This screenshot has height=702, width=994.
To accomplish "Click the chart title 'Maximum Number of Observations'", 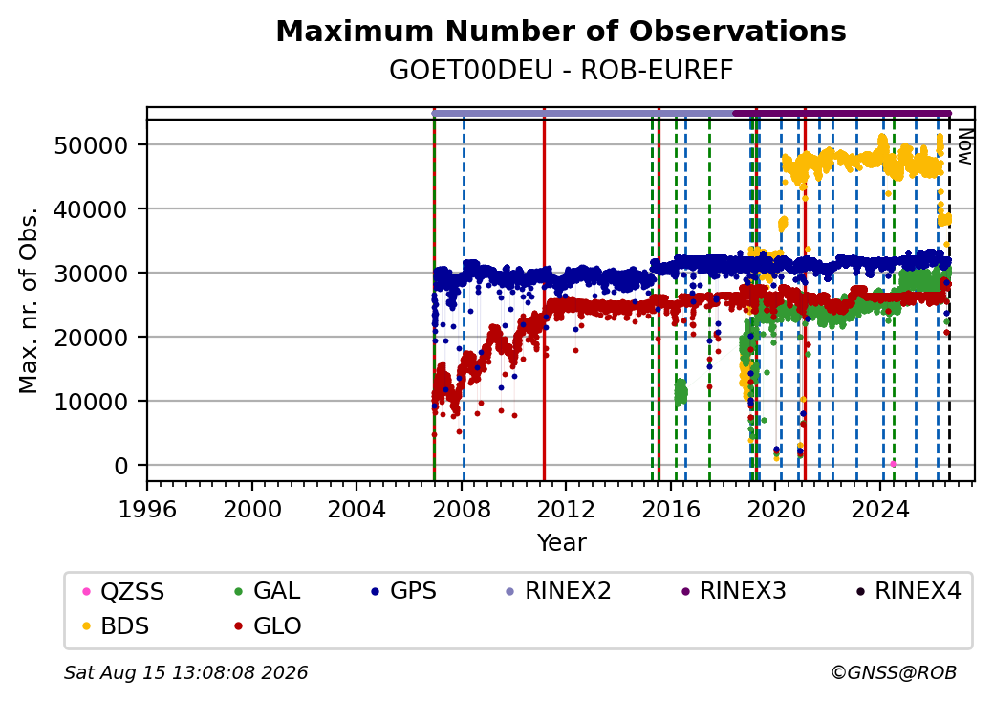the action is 561,31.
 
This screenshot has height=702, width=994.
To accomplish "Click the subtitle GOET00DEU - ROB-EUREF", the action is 561,71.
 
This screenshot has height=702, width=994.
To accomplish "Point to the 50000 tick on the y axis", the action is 92,146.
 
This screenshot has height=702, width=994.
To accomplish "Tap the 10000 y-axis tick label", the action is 92,402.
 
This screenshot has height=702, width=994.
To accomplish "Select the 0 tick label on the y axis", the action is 121,466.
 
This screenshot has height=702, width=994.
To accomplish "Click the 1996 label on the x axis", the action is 147,509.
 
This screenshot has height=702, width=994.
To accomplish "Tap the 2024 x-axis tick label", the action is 880,509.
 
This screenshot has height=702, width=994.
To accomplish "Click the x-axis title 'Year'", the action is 561,543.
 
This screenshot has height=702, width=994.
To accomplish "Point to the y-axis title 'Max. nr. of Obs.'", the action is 29,300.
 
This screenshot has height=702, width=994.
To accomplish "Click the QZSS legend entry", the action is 123,592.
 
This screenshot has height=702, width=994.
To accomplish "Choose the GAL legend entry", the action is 267,591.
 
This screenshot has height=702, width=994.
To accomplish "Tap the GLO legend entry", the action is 268,626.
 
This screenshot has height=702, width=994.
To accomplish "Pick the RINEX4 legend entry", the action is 908,591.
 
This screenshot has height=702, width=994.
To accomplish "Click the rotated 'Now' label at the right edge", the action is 964,146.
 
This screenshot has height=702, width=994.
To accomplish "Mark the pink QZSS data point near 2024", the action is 894,464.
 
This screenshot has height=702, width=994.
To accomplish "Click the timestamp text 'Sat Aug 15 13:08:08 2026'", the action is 185,672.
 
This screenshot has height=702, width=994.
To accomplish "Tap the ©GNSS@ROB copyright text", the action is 894,672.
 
